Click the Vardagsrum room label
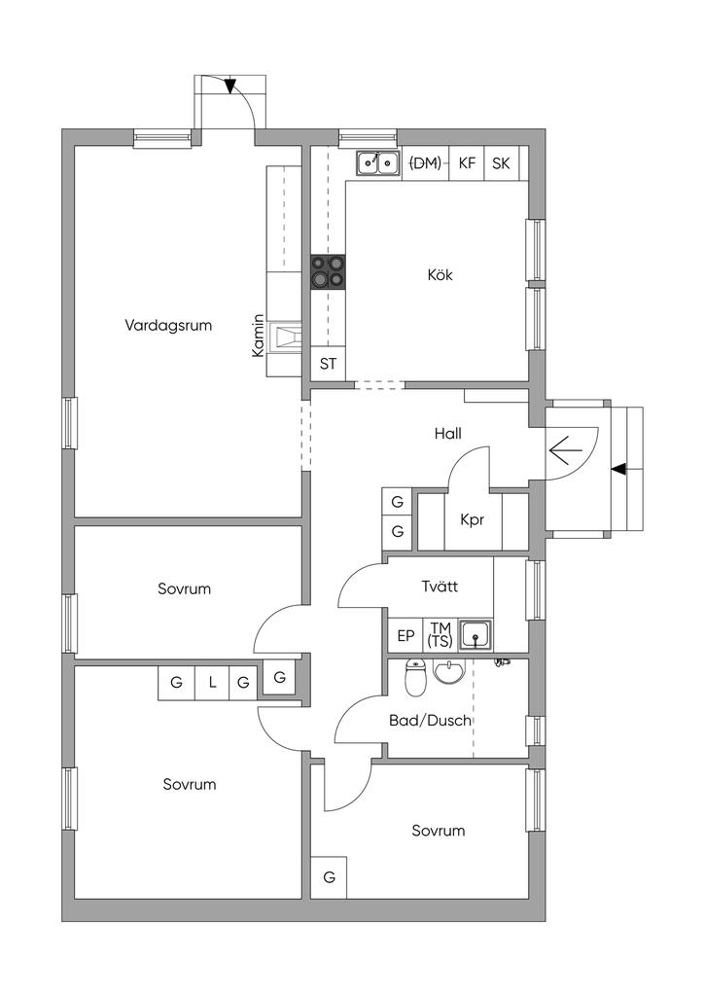[168, 326]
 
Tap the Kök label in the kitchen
[440, 275]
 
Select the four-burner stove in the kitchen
[329, 272]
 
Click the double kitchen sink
[377, 163]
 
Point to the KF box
[467, 163]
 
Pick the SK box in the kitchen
[502, 163]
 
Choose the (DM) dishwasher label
[425, 163]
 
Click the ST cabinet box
[329, 364]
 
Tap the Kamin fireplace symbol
[284, 337]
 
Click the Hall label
[447, 434]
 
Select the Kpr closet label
[473, 520]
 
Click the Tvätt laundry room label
[440, 587]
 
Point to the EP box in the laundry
[405, 636]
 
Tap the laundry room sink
[475, 635]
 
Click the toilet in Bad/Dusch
[416, 678]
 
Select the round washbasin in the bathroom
[449, 671]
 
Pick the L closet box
[212, 683]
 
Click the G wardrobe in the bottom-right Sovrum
[329, 877]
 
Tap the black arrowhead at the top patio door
[229, 86]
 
